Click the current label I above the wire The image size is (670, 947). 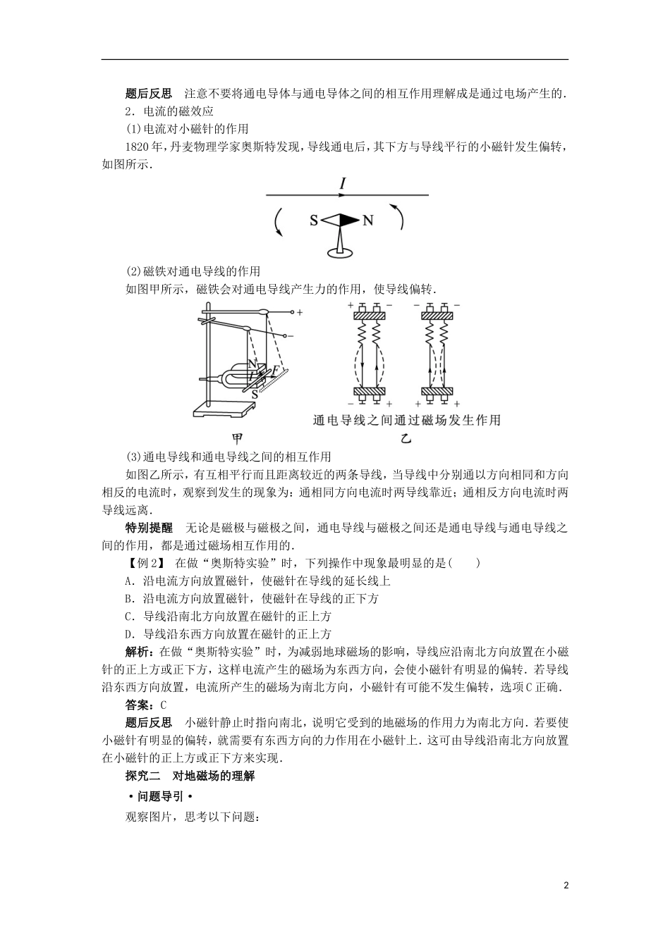coord(343,184)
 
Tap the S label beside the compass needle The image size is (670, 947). coord(314,221)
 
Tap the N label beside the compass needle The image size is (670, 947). coord(367,221)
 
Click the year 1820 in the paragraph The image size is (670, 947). coord(137,147)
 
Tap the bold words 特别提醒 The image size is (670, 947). coord(148,527)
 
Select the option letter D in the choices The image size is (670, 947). coord(128,633)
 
